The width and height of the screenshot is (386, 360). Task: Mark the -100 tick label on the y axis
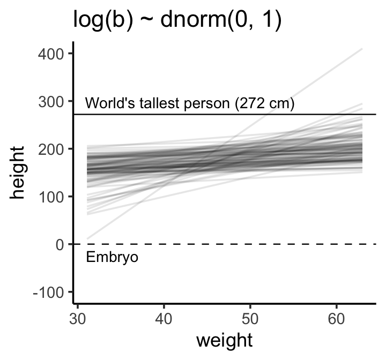50,292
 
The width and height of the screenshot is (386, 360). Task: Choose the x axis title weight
224,341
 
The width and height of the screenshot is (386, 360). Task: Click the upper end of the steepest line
362,49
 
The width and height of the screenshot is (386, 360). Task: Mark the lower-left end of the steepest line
87,238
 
